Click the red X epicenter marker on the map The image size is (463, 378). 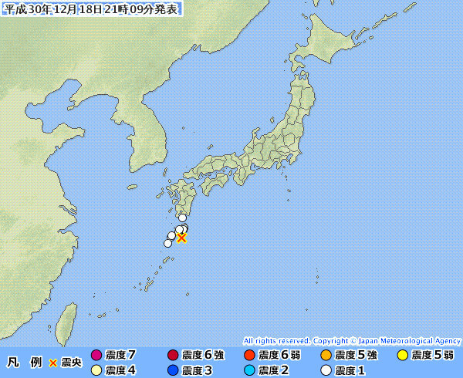pos(181,238)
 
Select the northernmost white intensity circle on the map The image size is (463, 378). pos(182,218)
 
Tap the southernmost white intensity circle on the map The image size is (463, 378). pos(167,243)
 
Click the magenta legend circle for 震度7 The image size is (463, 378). pos(96,356)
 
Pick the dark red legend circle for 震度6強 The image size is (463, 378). pos(173,356)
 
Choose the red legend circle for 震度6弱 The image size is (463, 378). pos(249,356)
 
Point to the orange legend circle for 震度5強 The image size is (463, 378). pos(326,356)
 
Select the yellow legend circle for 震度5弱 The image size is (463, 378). pos(402,356)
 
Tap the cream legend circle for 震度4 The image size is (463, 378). pos(96,370)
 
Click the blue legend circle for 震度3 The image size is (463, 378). pos(173,370)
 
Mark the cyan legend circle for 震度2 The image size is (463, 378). pos(249,370)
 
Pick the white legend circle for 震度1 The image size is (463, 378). pos(326,370)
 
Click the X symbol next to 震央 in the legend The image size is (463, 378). pos(53,363)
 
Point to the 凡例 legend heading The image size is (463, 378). pos(24,363)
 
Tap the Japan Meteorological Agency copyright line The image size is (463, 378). pos(352,340)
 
